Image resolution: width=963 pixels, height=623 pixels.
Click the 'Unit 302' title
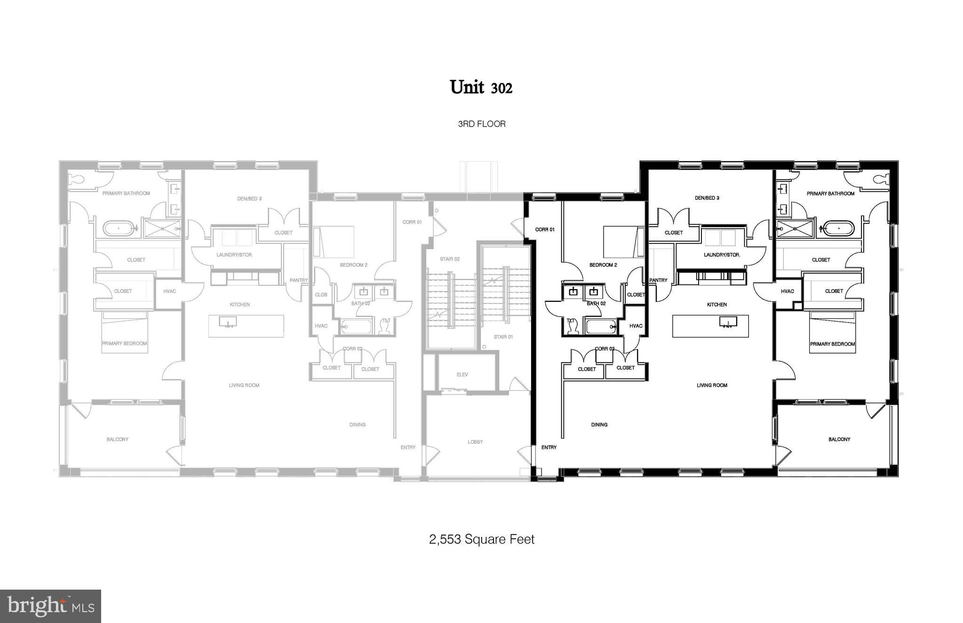pyautogui.click(x=481, y=87)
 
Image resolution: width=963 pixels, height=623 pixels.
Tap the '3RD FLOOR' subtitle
pyautogui.click(x=481, y=124)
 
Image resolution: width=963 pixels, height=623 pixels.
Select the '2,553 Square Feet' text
pyautogui.click(x=481, y=539)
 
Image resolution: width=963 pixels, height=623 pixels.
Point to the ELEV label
pyautogui.click(x=462, y=374)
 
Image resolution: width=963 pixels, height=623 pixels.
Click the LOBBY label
pyautogui.click(x=475, y=442)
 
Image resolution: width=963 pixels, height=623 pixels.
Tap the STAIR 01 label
pyautogui.click(x=503, y=337)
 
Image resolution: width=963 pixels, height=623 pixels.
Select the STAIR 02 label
pyautogui.click(x=449, y=259)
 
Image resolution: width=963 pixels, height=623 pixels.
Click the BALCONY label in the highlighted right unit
pyautogui.click(x=839, y=439)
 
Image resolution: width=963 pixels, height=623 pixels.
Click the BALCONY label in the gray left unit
pyautogui.click(x=117, y=439)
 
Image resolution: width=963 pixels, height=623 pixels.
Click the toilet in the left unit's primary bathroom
pyautogui.click(x=76, y=180)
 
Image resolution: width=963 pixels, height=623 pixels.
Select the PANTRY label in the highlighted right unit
pyautogui.click(x=658, y=280)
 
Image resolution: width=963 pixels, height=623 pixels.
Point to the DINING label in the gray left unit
pyautogui.click(x=357, y=425)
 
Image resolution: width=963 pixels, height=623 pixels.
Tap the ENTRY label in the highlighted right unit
pyautogui.click(x=549, y=447)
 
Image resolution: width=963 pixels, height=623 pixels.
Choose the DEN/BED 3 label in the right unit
pyautogui.click(x=707, y=198)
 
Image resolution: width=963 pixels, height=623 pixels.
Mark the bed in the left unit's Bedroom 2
pyautogui.click(x=334, y=242)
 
